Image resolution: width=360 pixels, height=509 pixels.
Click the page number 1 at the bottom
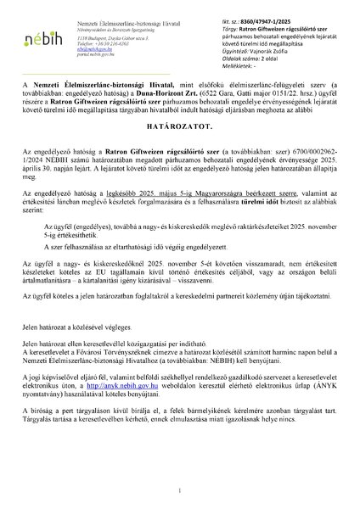(180, 490)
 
